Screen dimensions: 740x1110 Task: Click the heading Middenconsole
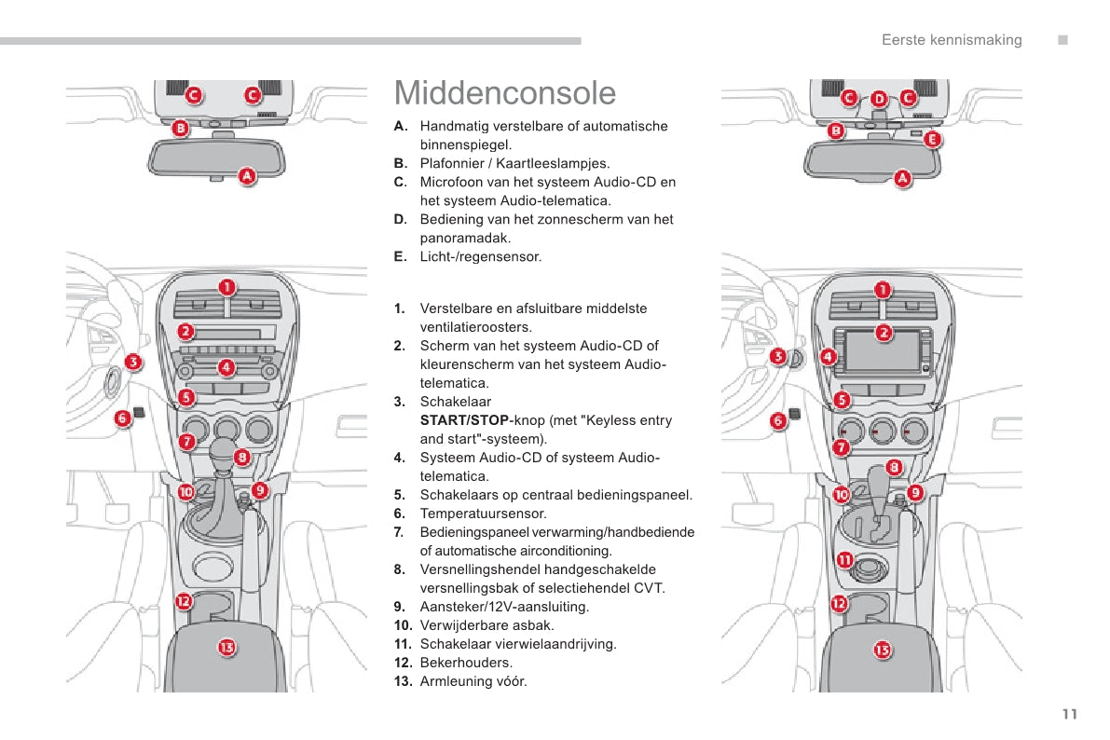coord(505,93)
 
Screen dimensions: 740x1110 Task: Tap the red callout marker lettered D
coord(879,98)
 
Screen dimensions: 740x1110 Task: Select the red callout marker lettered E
coord(933,140)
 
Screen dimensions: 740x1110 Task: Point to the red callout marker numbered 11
coord(844,560)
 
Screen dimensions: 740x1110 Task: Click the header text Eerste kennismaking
coord(952,40)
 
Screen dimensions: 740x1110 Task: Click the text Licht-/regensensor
coord(480,256)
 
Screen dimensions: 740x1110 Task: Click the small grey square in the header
coord(1062,40)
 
